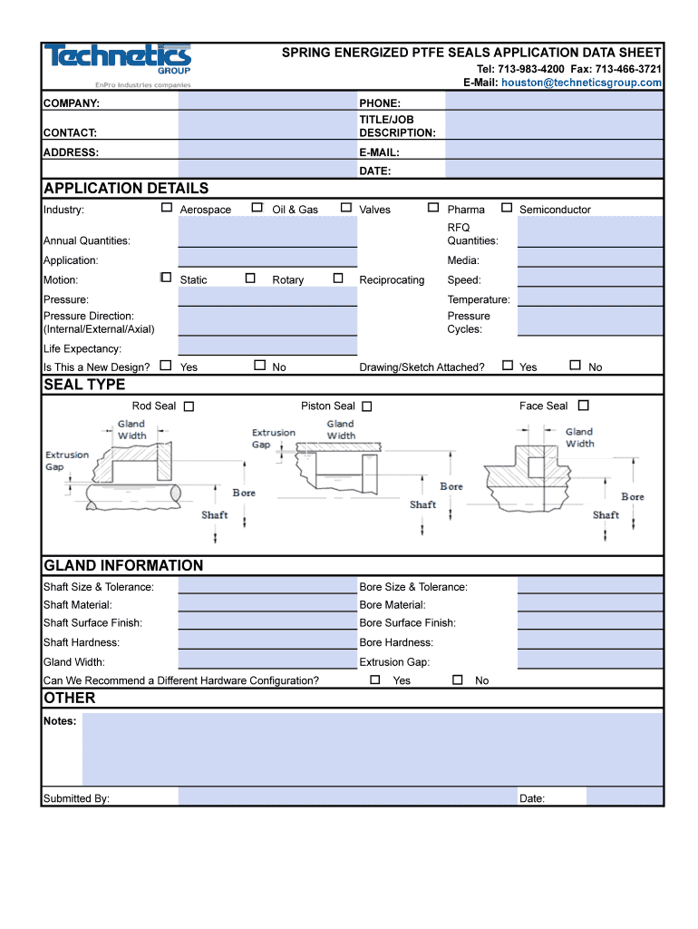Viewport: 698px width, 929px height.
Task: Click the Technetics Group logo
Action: click(x=118, y=64)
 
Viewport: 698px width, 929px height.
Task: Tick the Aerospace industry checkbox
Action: click(x=167, y=208)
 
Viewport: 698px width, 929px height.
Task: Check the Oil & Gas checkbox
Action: click(x=257, y=208)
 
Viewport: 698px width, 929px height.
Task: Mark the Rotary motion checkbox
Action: click(x=250, y=279)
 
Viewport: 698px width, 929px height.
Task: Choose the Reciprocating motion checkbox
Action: click(x=338, y=279)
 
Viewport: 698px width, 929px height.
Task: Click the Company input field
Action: click(x=267, y=103)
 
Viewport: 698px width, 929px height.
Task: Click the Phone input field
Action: click(x=553, y=103)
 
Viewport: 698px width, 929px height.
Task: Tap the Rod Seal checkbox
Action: click(x=189, y=406)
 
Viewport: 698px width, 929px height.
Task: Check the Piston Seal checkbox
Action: click(x=367, y=406)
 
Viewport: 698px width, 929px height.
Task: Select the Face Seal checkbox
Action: click(x=583, y=406)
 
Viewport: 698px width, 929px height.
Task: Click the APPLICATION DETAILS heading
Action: click(x=126, y=189)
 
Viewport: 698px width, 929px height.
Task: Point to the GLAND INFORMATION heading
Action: click(x=123, y=566)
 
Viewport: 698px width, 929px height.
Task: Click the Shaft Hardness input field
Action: click(x=267, y=642)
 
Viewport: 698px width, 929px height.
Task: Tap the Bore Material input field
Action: click(x=589, y=605)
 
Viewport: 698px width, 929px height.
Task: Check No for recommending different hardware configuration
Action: click(x=458, y=680)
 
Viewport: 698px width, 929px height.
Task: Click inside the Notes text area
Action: click(x=372, y=748)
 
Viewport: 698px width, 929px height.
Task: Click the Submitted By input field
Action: click(x=344, y=797)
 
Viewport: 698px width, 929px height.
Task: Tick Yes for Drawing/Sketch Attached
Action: click(x=508, y=366)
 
